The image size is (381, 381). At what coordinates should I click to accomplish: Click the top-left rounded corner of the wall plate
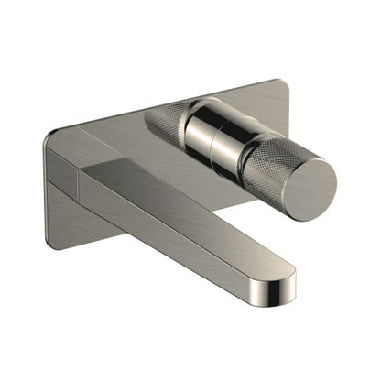[x=50, y=137]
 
